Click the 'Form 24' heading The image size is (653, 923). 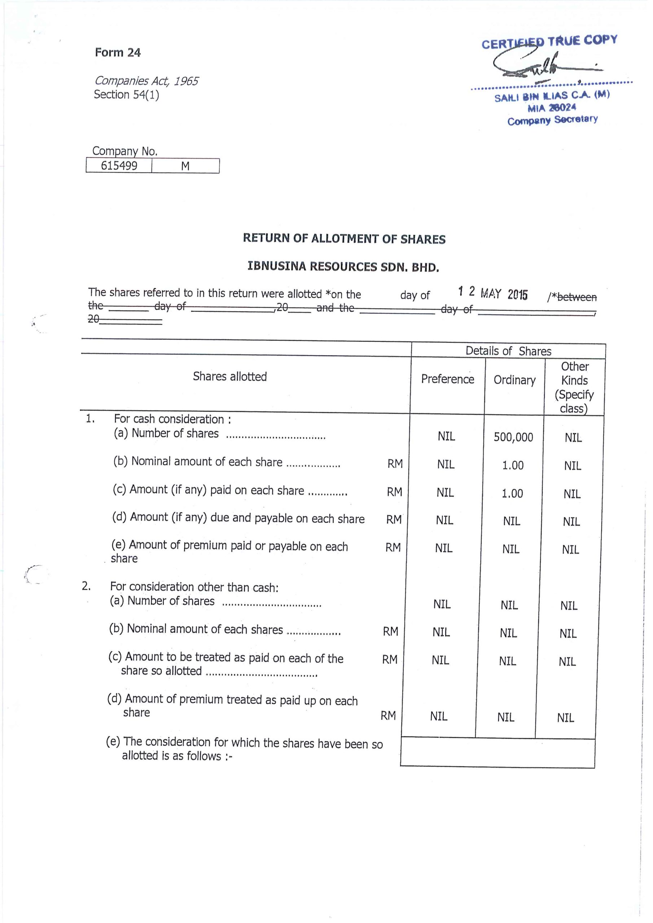click(118, 53)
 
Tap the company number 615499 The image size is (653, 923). click(119, 165)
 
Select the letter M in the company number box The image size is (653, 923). click(185, 166)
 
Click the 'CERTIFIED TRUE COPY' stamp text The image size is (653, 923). click(549, 41)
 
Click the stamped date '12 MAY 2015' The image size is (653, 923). click(493, 293)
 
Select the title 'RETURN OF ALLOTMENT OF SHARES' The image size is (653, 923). click(344, 239)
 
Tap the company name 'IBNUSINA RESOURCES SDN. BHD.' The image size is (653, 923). click(343, 266)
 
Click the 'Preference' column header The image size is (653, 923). click(447, 379)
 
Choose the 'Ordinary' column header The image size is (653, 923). click(514, 380)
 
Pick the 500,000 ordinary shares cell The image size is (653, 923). click(513, 437)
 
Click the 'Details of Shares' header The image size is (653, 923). click(508, 351)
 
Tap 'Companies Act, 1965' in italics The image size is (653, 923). click(146, 81)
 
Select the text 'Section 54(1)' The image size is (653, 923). click(126, 94)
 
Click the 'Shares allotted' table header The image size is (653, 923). click(230, 376)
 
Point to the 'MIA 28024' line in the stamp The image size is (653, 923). click(552, 108)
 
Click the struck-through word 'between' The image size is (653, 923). click(577, 297)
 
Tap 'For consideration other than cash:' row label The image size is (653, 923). click(194, 587)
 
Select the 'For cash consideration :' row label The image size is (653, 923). click(172, 419)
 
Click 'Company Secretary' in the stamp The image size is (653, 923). click(552, 120)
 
